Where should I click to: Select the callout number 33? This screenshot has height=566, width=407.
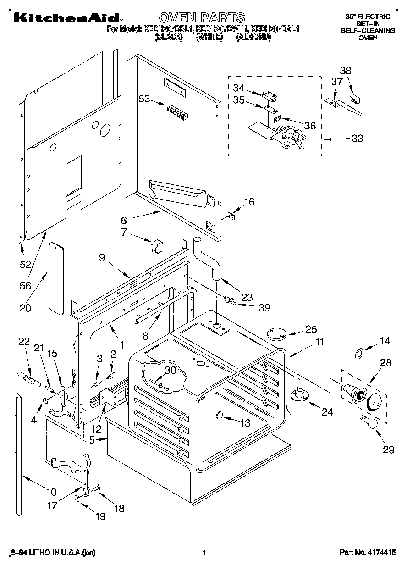pyautogui.click(x=357, y=138)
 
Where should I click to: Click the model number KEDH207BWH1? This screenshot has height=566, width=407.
pyautogui.click(x=214, y=29)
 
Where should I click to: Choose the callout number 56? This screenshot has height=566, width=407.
pyautogui.click(x=25, y=285)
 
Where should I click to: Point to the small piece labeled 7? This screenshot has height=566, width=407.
pyautogui.click(x=156, y=246)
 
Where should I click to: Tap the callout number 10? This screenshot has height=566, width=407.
pyautogui.click(x=51, y=492)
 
